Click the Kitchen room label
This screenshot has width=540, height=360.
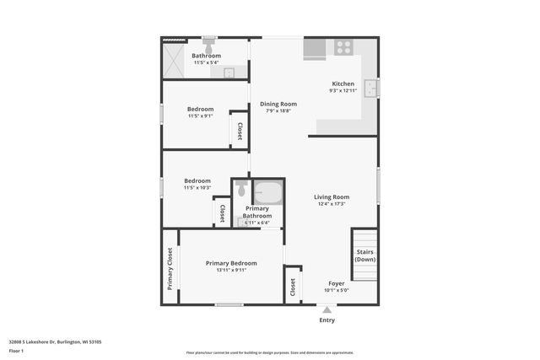[x=343, y=83]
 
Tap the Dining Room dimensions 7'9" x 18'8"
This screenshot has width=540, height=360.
[x=278, y=111]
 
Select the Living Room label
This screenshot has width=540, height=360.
[x=332, y=196]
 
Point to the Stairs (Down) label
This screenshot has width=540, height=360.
[x=364, y=255]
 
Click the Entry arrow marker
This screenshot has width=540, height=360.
[x=327, y=309]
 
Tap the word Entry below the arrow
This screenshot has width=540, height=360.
[x=327, y=320]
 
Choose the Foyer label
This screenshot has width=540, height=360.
[x=336, y=284]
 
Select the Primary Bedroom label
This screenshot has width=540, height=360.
[x=231, y=263]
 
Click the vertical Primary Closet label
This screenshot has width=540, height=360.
[x=170, y=268]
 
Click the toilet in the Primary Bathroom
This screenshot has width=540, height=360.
[x=240, y=186]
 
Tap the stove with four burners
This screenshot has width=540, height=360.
[x=343, y=48]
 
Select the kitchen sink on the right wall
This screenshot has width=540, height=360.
[x=371, y=89]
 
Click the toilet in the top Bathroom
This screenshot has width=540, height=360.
[x=208, y=43]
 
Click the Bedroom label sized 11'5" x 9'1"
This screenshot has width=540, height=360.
[x=200, y=109]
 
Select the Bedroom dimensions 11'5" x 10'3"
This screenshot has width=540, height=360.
[x=197, y=187]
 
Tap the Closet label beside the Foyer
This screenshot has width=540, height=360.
[x=292, y=287]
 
